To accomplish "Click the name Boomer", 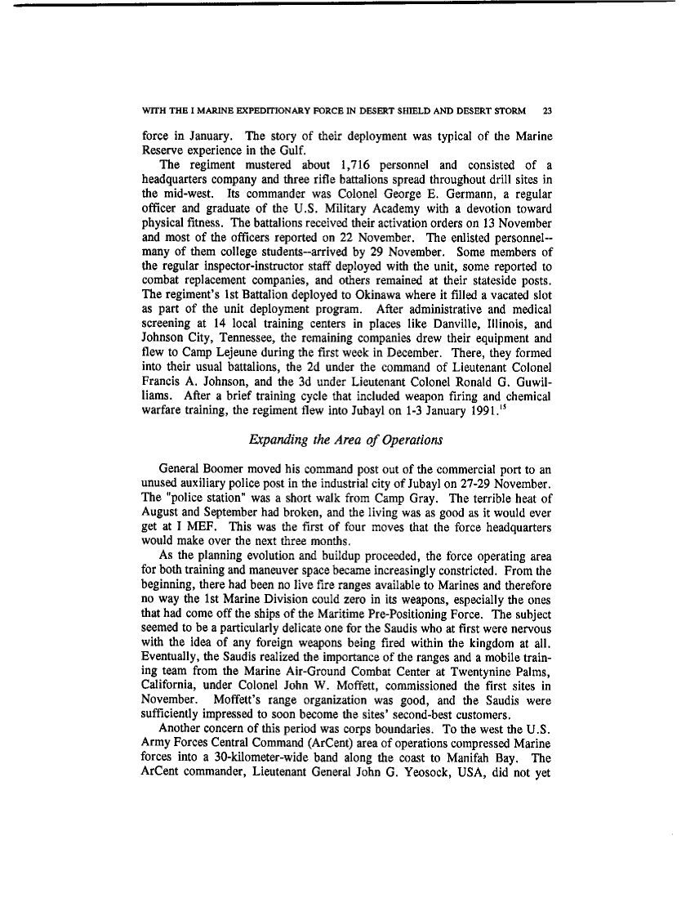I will pyautogui.click(x=229, y=471).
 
